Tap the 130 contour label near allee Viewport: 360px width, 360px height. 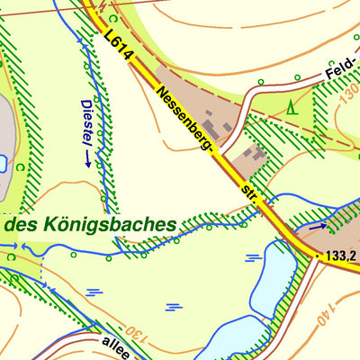135,335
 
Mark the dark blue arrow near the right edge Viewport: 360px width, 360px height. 319,228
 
